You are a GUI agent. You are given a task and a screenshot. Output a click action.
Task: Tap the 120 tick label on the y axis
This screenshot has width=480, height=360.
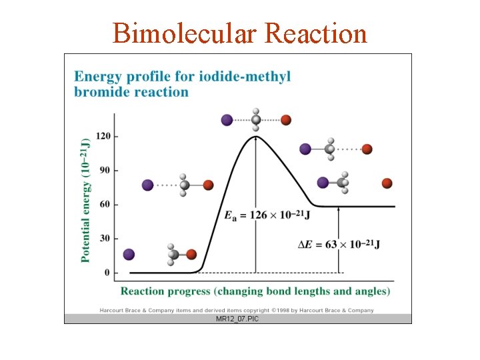pos(103,136)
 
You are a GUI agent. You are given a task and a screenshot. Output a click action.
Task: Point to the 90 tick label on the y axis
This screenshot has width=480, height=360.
pos(105,170)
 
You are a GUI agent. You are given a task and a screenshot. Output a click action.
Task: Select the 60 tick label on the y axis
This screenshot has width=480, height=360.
pos(105,204)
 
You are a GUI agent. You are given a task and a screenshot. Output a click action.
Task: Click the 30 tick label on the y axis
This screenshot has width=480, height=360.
pos(105,238)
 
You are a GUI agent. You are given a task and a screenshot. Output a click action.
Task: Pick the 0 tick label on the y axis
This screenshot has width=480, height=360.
pos(107,272)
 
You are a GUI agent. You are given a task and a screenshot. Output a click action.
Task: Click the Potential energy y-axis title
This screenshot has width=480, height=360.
pos(85,200)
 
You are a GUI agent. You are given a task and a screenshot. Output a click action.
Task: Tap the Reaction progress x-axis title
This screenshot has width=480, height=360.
pos(255,291)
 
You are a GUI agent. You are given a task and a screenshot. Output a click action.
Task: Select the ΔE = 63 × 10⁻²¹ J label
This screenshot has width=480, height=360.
pos(339,244)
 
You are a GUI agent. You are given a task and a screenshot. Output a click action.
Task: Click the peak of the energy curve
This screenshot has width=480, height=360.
pos(255,137)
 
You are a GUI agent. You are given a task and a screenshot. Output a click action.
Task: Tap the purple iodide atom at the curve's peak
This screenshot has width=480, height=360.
pos(227,120)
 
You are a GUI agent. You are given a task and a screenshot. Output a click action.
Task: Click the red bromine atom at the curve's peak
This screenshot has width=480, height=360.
pos(286,120)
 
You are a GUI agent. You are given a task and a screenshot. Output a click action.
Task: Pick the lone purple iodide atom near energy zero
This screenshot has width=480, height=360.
pos(129,254)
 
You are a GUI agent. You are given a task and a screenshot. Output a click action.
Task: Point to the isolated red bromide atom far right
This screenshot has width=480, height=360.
pos(387,183)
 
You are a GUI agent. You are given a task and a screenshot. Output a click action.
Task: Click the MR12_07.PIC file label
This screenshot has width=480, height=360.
pos(237,319)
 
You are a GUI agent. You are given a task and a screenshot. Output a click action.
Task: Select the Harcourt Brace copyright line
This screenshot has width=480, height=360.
pos(237,310)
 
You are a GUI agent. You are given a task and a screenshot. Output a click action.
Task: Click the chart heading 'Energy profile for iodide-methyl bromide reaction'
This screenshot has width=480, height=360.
pos(183,84)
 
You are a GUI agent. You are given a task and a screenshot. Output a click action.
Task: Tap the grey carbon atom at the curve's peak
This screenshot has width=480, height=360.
pos(256,120)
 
